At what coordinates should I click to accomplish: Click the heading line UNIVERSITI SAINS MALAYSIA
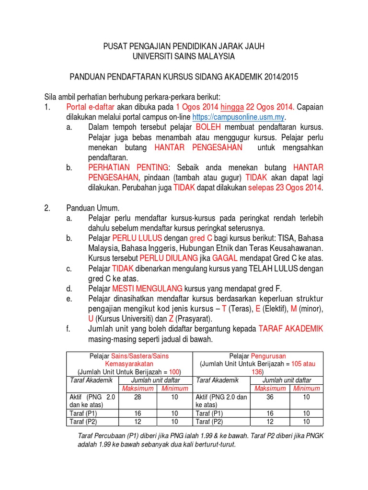point(184,56)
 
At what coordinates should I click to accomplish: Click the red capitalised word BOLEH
point(208,127)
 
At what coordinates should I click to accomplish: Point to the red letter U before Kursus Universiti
point(91,318)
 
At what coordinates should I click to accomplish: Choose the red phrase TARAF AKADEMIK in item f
point(291,329)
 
